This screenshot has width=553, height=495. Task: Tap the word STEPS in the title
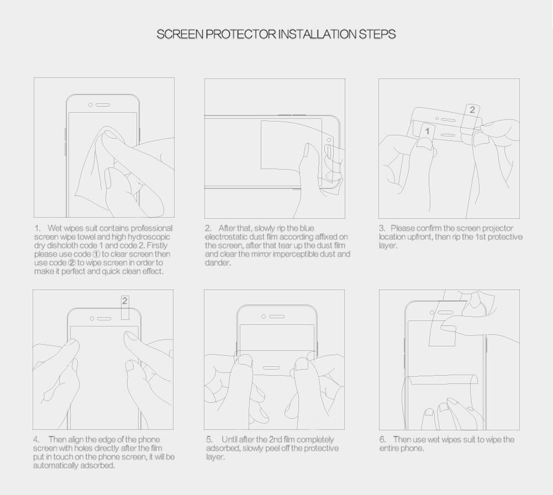pyautogui.click(x=377, y=34)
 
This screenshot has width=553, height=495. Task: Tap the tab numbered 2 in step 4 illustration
pyautogui.click(x=125, y=307)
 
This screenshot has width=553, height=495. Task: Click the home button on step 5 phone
pyautogui.click(x=271, y=368)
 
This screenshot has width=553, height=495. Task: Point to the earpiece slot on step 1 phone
pyautogui.click(x=103, y=105)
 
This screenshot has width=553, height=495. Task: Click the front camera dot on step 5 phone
pyautogui.click(x=264, y=317)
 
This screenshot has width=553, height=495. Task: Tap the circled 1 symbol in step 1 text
pyautogui.click(x=96, y=254)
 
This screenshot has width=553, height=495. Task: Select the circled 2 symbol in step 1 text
pyautogui.click(x=72, y=263)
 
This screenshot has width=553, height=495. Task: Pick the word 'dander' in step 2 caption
pyautogui.click(x=218, y=262)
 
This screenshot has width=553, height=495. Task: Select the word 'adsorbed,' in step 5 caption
pyautogui.click(x=223, y=449)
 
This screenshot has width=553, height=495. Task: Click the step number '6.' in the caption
pyautogui.click(x=383, y=440)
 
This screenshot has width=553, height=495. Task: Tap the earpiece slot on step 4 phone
pyautogui.click(x=104, y=319)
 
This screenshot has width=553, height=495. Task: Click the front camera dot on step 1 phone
pyautogui.click(x=91, y=105)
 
